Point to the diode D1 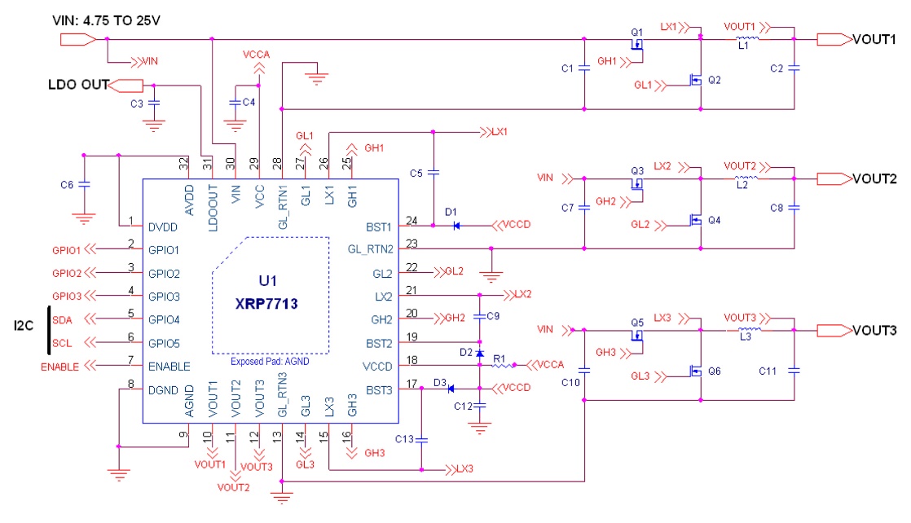(457, 225)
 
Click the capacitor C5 (433, 173)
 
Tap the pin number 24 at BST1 (412, 220)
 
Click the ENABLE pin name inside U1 (169, 367)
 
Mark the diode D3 (451, 389)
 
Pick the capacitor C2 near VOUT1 (794, 68)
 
